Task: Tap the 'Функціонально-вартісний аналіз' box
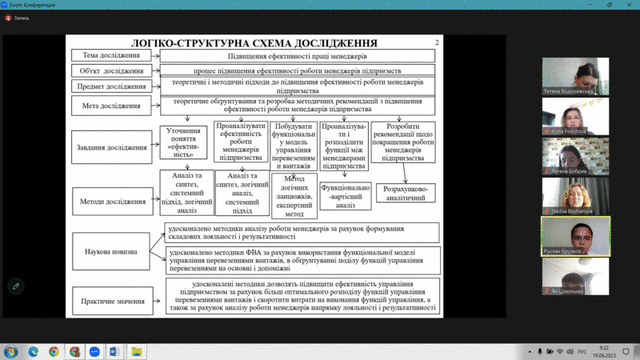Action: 345,196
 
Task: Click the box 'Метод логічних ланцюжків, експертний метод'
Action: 295,195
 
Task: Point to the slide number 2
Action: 436,42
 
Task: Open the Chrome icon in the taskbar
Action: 54,351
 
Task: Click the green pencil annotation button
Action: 16,286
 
